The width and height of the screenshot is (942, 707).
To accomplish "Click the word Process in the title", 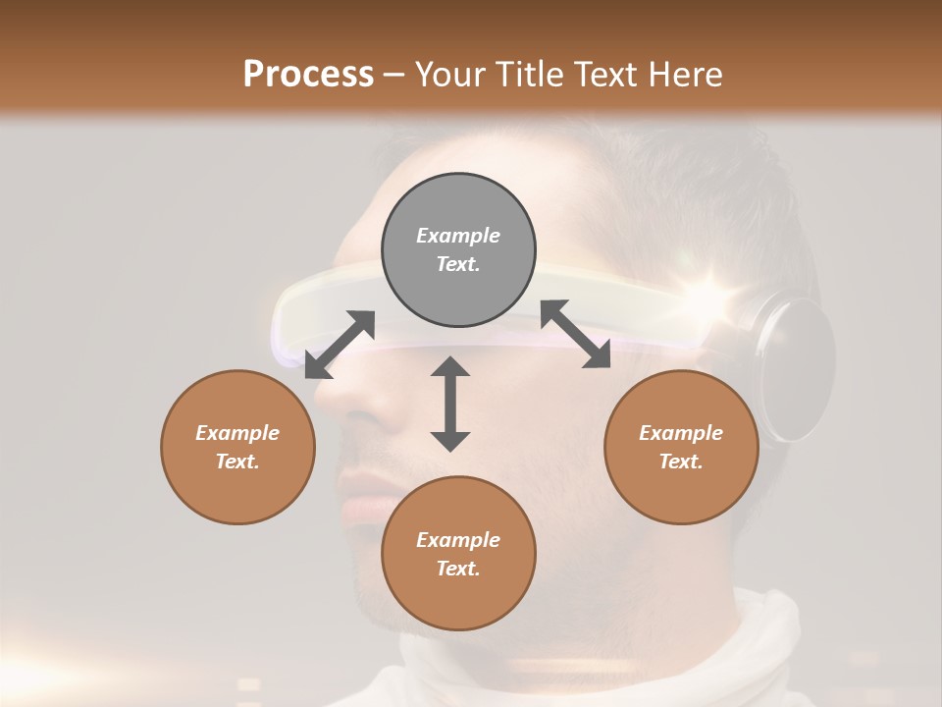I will point(308,74).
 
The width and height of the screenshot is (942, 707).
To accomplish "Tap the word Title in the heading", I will point(528,74).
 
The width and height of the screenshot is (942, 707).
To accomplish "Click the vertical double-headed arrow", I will point(450,404).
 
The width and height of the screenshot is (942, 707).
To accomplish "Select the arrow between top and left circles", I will point(340,345).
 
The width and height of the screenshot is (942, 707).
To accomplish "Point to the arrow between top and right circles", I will point(576,334).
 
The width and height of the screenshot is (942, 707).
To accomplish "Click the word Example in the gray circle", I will point(458,236).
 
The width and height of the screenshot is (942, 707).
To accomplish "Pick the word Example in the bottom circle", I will point(458,540).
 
